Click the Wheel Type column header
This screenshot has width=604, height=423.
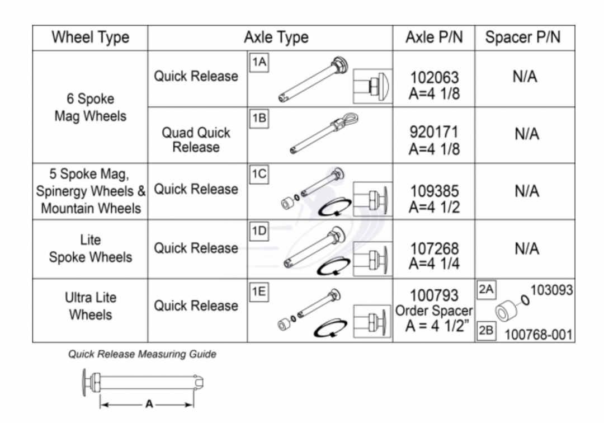click(x=90, y=38)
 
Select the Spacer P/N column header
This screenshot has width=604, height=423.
click(x=522, y=38)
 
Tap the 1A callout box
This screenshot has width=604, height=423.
click(x=258, y=62)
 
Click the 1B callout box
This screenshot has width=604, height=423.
click(x=258, y=118)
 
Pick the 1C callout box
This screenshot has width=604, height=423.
click(x=258, y=175)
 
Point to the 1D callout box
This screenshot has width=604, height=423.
click(x=258, y=231)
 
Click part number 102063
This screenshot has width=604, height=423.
click(x=434, y=77)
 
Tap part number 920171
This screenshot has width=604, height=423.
click(x=434, y=133)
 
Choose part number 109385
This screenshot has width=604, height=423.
click(x=434, y=191)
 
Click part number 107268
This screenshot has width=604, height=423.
click(x=434, y=248)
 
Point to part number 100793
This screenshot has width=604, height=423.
click(x=434, y=295)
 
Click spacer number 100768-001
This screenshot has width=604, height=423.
click(x=538, y=335)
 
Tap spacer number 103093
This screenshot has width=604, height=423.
click(x=551, y=290)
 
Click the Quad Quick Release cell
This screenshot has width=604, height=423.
click(x=196, y=140)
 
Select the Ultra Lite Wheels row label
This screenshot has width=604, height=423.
click(x=90, y=306)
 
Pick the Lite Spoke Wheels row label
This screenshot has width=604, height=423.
click(x=90, y=249)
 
